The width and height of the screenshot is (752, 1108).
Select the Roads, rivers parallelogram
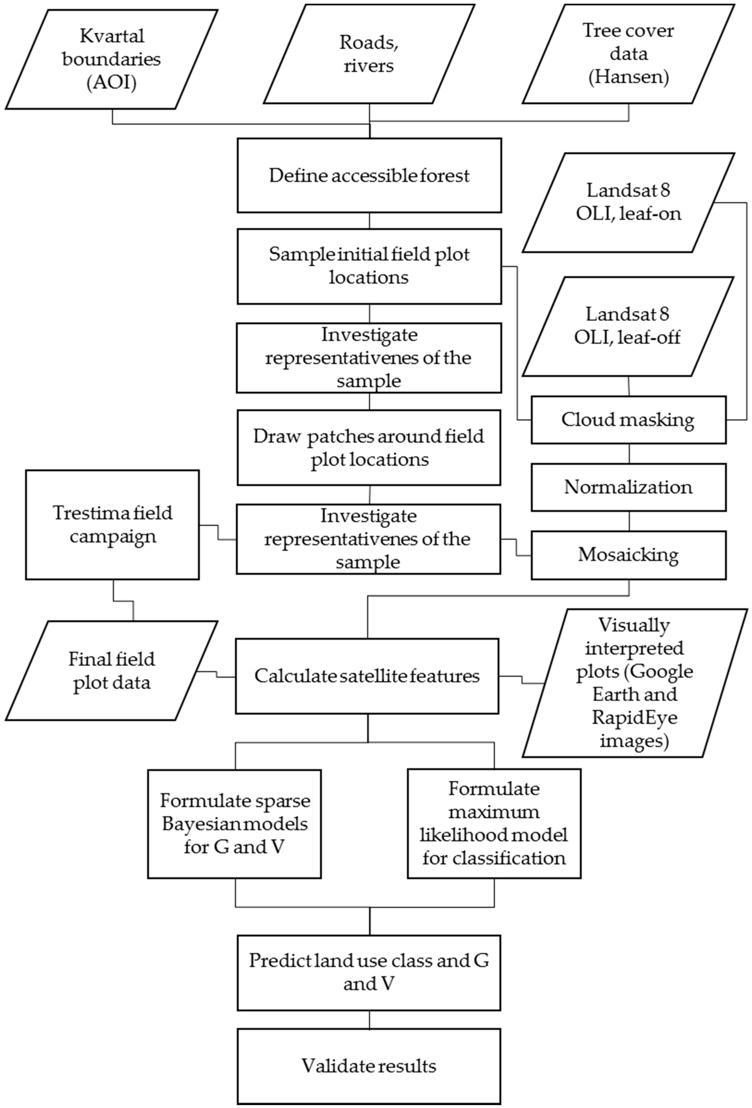point(369,54)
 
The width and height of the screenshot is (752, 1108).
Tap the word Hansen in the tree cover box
point(629,77)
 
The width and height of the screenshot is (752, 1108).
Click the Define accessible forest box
point(369,175)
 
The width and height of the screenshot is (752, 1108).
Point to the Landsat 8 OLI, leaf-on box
point(629,202)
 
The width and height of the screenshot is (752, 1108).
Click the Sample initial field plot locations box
point(369,266)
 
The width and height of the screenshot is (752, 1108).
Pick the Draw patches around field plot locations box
point(369,448)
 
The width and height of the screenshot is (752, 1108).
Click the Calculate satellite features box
point(367,676)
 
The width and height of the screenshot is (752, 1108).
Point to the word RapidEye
point(634,718)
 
